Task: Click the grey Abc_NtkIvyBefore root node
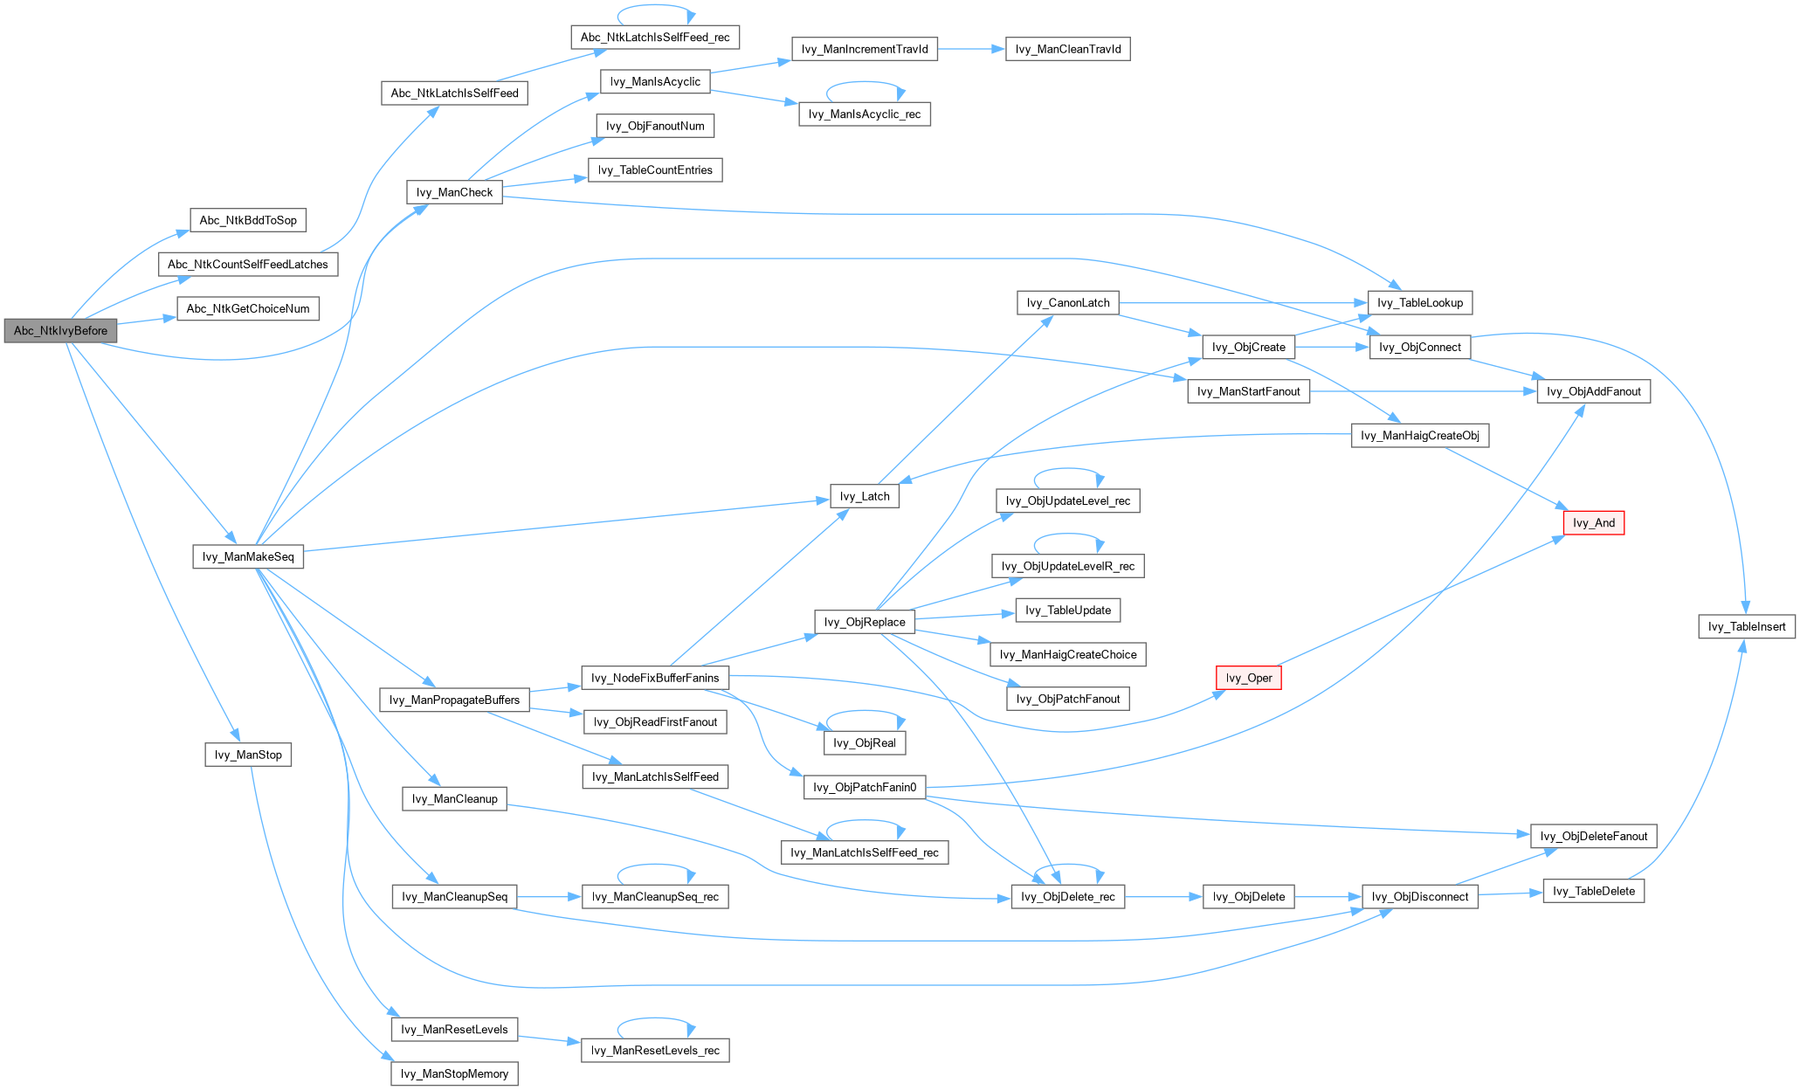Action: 60,331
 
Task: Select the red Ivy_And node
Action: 1593,523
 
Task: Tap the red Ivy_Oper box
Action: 1248,678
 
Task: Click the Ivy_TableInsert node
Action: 1747,626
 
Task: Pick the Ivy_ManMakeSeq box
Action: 248,557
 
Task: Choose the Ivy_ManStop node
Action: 248,755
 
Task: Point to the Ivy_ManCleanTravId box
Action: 1068,49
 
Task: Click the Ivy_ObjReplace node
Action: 865,622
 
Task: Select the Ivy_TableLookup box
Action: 1419,303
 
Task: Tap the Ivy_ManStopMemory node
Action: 454,1073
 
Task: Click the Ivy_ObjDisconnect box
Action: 1420,897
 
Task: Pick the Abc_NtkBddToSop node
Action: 248,220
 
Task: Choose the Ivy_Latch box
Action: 865,496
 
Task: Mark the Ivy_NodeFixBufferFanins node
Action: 655,678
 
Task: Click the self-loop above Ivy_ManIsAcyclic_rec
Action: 865,83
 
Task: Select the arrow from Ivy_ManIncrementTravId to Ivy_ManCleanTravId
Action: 972,49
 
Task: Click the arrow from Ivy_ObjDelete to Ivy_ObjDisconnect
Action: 1328,897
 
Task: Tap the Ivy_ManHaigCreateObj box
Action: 1419,435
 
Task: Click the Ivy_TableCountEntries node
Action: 655,170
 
